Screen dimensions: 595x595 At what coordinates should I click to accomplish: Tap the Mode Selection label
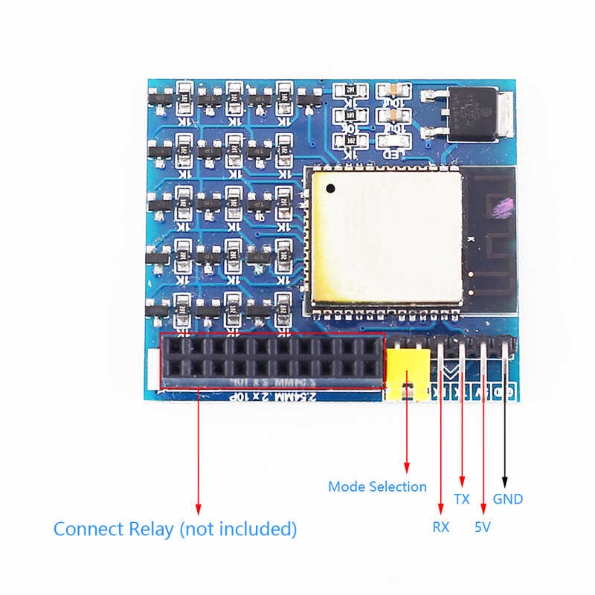tap(377, 487)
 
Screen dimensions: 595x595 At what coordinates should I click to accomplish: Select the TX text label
tap(462, 499)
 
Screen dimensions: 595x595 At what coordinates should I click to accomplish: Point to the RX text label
tap(441, 527)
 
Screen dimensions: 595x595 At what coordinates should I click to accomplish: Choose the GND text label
tap(508, 499)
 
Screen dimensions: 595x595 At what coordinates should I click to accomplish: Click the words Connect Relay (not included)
tap(175, 530)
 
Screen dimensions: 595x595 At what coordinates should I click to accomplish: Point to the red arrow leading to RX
tap(441, 446)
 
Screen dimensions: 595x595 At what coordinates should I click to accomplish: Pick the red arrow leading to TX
tap(463, 431)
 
